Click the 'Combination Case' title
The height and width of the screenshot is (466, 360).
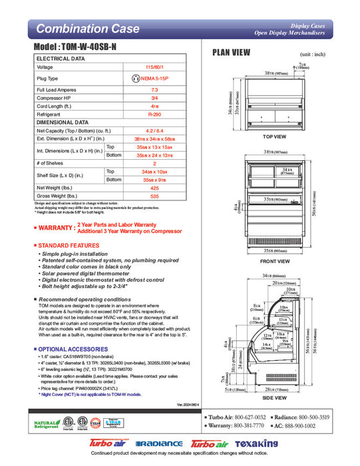pyautogui.click(x=87, y=29)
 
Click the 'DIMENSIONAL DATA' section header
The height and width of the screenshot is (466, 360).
pyautogui.click(x=63, y=122)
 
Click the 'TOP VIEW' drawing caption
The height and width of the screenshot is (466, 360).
pyautogui.click(x=274, y=136)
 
